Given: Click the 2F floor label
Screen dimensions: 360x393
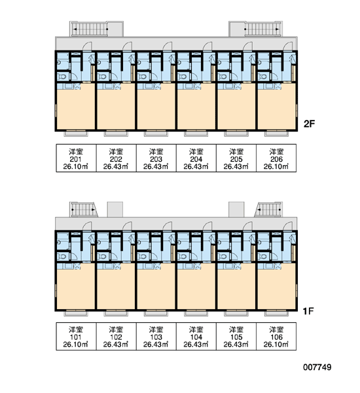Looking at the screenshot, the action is click(309, 124).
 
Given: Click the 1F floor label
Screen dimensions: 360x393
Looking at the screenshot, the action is click(308, 311).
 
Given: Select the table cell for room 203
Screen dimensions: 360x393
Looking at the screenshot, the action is click(156, 158).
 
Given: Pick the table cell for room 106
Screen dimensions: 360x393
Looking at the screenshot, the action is click(276, 337).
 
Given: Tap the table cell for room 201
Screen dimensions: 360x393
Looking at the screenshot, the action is click(76, 158).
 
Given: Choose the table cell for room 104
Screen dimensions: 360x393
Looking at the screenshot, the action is click(196, 337).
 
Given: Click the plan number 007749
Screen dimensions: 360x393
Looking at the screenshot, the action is click(317, 367).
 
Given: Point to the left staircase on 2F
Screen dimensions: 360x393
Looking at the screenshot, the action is click(90, 29).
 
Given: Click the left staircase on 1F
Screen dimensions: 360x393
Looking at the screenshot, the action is click(83, 210).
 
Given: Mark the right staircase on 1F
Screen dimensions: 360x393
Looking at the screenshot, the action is click(269, 210).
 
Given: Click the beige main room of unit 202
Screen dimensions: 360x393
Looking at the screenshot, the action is click(116, 107).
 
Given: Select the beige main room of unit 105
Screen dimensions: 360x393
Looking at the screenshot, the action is click(236, 287).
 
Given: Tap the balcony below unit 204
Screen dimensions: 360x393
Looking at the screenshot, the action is click(196, 134).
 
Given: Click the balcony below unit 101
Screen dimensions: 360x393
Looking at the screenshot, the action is click(76, 313).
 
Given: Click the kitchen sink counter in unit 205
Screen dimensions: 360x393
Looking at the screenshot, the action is click(229, 86).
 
